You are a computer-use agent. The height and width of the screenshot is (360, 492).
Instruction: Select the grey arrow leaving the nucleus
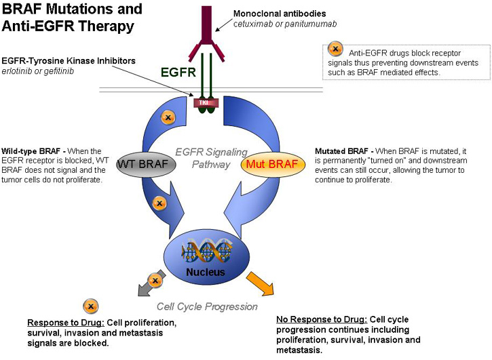[x=149, y=284]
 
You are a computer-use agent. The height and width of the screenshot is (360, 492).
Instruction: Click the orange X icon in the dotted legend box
[x=335, y=49]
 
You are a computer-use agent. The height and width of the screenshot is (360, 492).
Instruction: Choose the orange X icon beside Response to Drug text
[x=88, y=306]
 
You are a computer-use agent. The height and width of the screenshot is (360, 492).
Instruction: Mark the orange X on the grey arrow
[x=155, y=280]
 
